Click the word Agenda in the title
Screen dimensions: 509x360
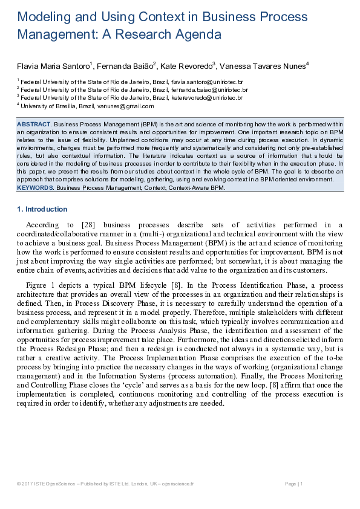[196, 35]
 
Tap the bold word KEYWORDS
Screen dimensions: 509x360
[36, 188]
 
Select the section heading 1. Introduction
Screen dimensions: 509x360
[42, 209]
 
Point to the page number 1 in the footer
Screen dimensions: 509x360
[301, 484]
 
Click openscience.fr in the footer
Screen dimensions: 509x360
[176, 484]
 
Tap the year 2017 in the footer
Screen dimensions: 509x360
[28, 484]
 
